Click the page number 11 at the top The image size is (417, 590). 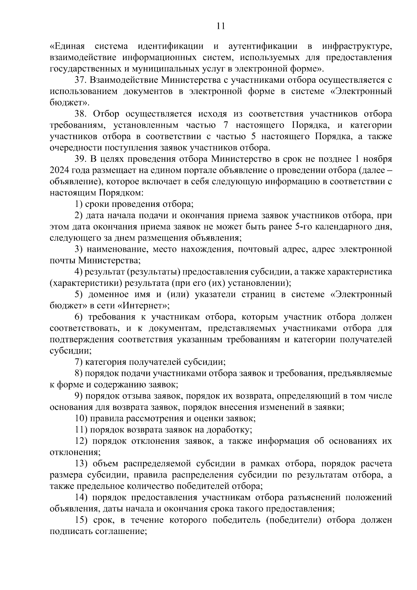(220, 26)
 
